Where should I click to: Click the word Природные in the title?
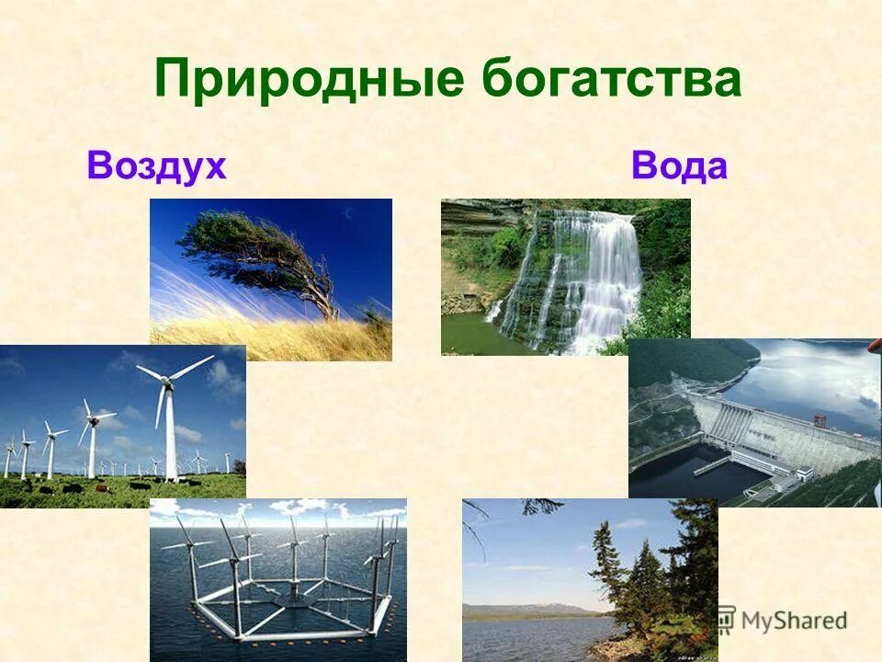[x=310, y=78]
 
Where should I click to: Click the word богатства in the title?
[x=611, y=78]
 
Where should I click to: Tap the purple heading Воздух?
[x=156, y=166]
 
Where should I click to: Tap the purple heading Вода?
[x=679, y=166]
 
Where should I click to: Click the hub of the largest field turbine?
[x=166, y=380]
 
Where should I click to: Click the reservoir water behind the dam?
[x=808, y=377]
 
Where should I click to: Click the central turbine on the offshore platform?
[x=294, y=552]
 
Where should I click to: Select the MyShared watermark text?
[x=795, y=621]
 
